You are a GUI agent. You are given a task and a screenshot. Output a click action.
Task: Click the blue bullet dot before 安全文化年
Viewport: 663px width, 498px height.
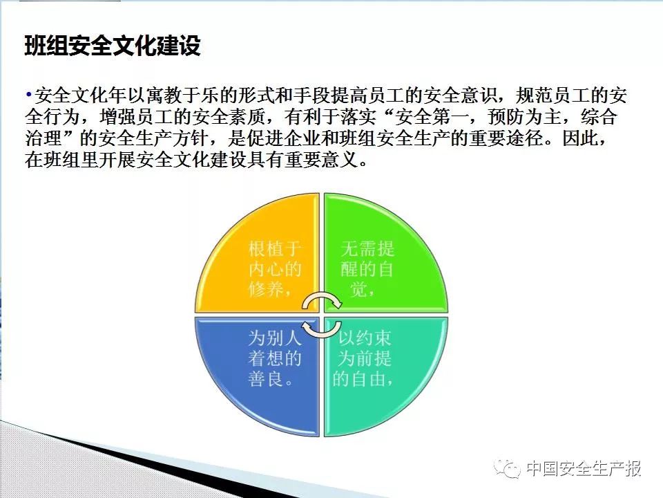point(28,94)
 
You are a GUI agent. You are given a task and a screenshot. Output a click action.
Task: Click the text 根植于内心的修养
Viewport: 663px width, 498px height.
point(275,269)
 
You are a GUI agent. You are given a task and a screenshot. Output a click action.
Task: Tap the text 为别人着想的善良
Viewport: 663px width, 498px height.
point(275,358)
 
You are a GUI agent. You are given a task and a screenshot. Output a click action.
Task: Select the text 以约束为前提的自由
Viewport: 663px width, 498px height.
point(364,358)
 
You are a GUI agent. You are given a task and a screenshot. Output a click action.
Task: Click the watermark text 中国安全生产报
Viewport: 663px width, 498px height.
point(584,469)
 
